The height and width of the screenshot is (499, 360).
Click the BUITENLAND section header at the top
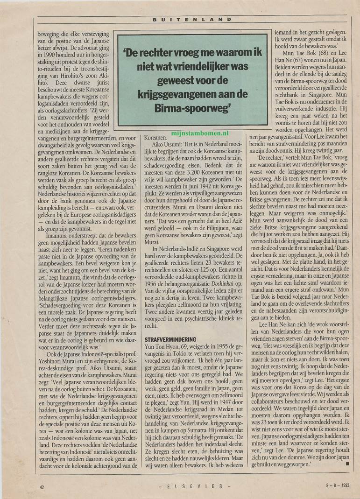(x=192, y=20)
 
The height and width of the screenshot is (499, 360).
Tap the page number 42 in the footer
(x=42, y=486)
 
